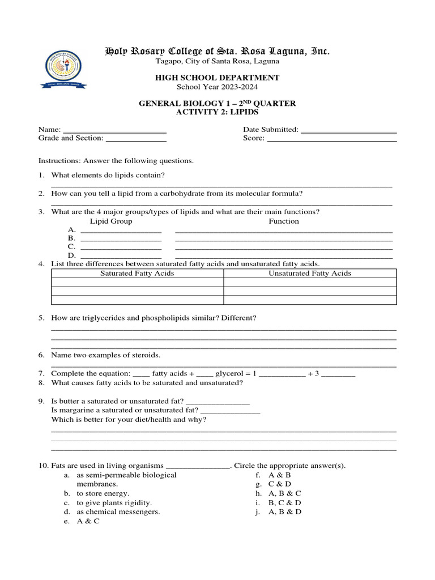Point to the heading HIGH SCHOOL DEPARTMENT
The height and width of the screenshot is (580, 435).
point(217,78)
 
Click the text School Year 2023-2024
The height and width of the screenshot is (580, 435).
point(217,87)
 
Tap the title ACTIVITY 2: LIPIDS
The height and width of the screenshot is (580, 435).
point(217,112)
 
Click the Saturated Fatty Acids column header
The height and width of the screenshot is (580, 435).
point(137,274)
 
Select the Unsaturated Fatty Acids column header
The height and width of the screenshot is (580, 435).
point(310,274)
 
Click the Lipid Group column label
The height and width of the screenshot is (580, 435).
point(111,221)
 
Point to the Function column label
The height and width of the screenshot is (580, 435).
point(283,221)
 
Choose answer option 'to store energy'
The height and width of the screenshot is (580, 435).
point(103,493)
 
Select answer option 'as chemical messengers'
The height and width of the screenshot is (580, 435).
point(118,511)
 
